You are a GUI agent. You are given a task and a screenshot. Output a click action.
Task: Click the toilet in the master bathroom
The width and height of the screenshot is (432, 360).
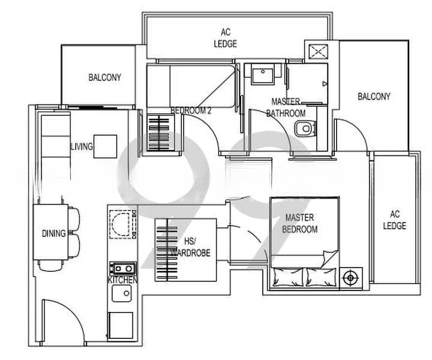(307, 128)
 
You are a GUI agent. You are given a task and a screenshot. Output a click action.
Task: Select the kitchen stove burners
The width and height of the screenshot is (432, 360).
(122, 269)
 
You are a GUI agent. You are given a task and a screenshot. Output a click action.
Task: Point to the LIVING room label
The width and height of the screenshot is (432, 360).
(81, 146)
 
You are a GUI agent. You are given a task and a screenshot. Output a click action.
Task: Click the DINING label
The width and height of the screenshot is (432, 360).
(54, 233)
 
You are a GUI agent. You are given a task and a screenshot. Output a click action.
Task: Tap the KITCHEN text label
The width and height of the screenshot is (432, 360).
(122, 280)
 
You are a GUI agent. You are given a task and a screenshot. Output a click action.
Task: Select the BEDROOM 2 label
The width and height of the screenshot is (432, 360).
(191, 110)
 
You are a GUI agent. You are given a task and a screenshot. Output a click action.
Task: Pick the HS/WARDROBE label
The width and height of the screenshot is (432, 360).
(190, 247)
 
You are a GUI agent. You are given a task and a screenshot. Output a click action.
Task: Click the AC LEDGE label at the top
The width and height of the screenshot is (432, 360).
(226, 38)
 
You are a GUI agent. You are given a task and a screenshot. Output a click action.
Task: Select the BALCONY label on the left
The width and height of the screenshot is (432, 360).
(104, 77)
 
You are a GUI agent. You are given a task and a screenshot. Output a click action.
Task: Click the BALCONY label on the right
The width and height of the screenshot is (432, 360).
(374, 96)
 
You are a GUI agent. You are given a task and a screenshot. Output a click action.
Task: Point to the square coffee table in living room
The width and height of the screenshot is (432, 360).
(105, 146)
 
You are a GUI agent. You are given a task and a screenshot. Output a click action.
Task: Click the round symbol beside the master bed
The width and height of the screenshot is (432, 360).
(350, 278)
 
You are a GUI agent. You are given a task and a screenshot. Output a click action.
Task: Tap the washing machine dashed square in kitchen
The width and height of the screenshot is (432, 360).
(124, 224)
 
